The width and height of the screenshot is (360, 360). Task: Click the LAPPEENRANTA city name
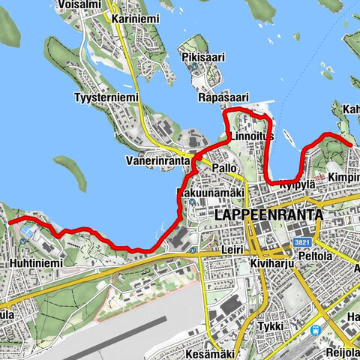click(x=268, y=214)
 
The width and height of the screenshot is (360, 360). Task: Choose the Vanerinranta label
click(x=157, y=161)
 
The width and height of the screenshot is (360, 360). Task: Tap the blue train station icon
click(x=314, y=331)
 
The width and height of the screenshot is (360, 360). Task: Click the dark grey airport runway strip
click(x=112, y=335)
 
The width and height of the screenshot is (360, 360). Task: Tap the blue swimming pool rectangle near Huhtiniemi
click(x=28, y=234)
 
